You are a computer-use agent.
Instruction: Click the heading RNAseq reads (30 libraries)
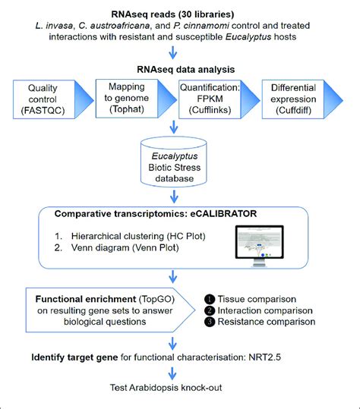(x=175, y=12)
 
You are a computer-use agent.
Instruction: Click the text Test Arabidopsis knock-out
(x=175, y=393)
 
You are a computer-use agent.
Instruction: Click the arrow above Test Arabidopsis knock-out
(x=175, y=374)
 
